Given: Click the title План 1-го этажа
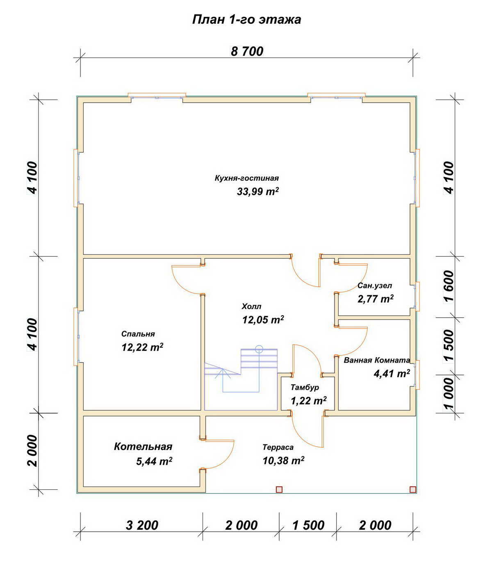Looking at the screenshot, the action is [246, 20].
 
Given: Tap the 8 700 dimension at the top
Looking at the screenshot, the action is [247, 51].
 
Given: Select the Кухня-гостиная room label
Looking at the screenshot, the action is [246, 178].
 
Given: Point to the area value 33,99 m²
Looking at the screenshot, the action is [257, 191].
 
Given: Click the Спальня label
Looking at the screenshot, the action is [138, 334].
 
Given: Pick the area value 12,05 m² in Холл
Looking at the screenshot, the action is [263, 320].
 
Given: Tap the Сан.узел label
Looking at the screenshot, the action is [374, 286].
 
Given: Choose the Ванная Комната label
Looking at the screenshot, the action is [377, 360].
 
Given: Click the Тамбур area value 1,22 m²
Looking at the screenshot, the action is [309, 401].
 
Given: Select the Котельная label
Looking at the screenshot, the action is [143, 446].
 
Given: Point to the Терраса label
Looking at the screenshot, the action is [278, 447].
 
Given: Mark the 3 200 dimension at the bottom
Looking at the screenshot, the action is [142, 525].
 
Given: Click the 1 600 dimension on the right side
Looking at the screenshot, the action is [448, 287].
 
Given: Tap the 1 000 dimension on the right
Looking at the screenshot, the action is [448, 394].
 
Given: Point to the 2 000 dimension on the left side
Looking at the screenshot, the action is [32, 451].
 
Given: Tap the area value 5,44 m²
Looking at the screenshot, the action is [154, 462].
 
